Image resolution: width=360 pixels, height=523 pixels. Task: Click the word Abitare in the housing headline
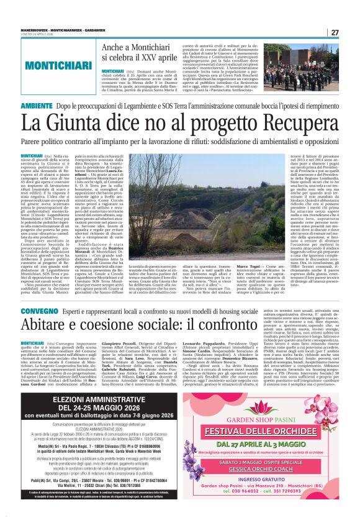[55, 325]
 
